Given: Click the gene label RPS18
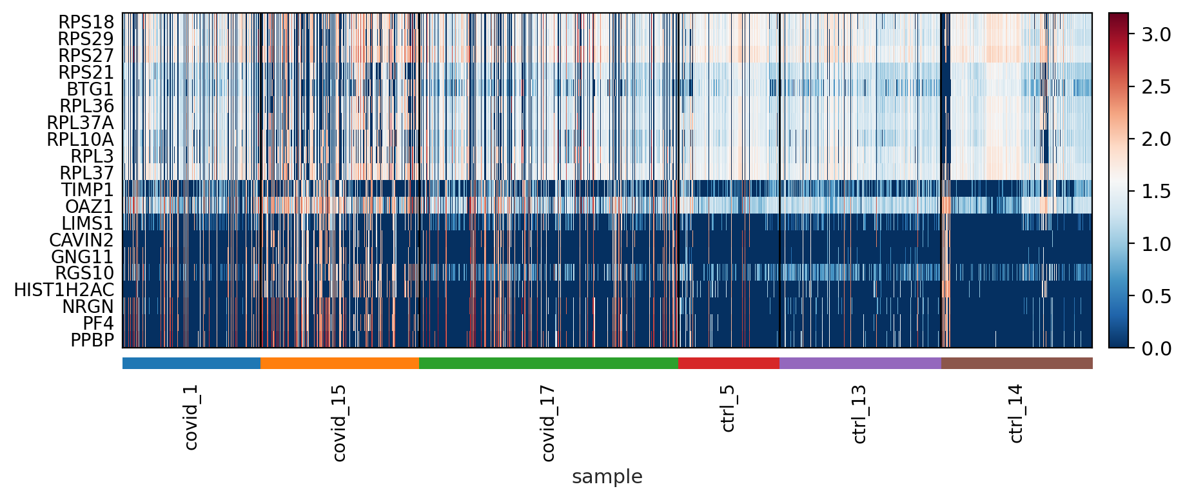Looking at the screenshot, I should (x=86, y=22).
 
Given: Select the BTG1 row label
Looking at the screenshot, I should (x=90, y=89).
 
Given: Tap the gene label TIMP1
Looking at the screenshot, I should (x=87, y=190).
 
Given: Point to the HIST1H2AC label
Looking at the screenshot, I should (x=64, y=290).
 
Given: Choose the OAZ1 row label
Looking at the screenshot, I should (x=89, y=206).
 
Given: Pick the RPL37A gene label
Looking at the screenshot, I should (x=80, y=123).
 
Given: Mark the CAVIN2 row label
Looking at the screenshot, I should (x=81, y=240).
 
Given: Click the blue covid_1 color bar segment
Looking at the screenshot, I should (x=191, y=363).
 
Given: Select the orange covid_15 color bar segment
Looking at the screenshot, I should (x=339, y=363).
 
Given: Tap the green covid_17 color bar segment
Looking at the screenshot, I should (x=548, y=363).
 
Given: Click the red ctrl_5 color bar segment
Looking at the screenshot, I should (x=729, y=363).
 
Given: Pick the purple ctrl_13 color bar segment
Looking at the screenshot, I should (x=860, y=363).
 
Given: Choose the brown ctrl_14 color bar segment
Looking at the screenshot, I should (x=1017, y=363).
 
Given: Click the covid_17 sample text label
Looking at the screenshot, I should (x=547, y=423).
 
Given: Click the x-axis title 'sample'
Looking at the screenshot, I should (x=607, y=477).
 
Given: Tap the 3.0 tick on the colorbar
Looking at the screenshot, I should (x=1156, y=35).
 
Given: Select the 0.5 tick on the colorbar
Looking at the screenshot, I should (x=1156, y=296).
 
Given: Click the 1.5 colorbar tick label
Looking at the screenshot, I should (x=1156, y=192).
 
